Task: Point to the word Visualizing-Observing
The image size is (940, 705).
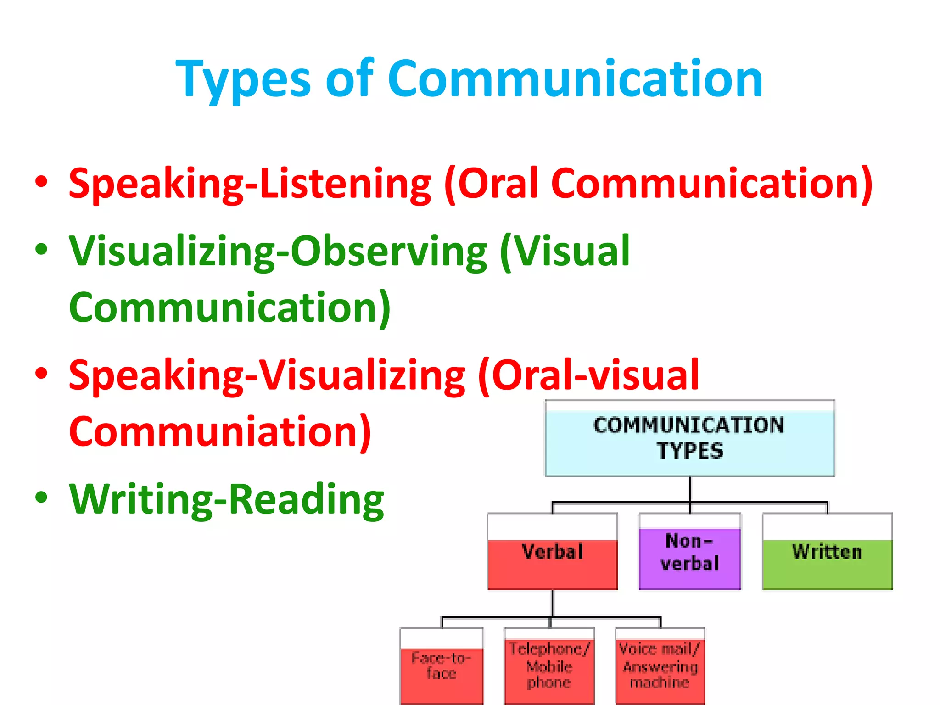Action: click(278, 252)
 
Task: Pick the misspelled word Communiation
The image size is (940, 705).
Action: click(219, 431)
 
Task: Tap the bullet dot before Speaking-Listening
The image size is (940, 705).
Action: click(41, 182)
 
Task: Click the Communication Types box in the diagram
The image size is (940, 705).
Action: click(689, 438)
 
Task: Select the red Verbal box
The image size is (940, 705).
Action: click(552, 552)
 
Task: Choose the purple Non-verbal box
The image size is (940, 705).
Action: click(689, 552)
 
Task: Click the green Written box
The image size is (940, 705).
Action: click(827, 552)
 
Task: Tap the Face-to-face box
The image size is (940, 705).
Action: click(442, 666)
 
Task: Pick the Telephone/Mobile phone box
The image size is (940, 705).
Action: click(549, 666)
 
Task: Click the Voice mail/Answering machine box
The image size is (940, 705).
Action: click(660, 666)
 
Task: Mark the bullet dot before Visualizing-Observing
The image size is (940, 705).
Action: click(41, 250)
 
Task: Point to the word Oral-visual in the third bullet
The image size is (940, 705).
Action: click(595, 375)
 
